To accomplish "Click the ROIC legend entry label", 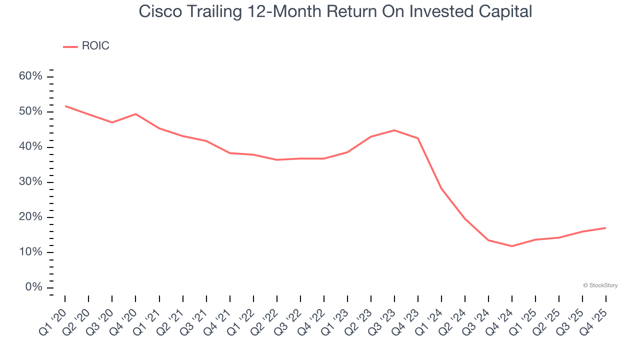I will pyautogui.click(x=95, y=46).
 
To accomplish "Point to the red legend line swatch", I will pyautogui.click(x=70, y=46).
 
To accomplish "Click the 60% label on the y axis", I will pyautogui.click(x=30, y=76).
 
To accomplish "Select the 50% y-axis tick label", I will pyautogui.click(x=30, y=111).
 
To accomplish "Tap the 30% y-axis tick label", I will pyautogui.click(x=30, y=182).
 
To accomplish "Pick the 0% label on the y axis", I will pyautogui.click(x=33, y=287).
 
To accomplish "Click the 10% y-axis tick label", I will pyautogui.click(x=30, y=252).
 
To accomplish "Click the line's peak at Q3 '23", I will pyautogui.click(x=394, y=130).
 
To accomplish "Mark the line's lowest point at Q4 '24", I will pyautogui.click(x=512, y=246).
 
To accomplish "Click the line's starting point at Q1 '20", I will pyautogui.click(x=65, y=106).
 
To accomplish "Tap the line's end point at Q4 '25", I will pyautogui.click(x=606, y=228).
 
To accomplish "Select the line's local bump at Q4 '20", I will pyautogui.click(x=135, y=114).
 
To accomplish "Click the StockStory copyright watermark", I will pyautogui.click(x=600, y=285).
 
